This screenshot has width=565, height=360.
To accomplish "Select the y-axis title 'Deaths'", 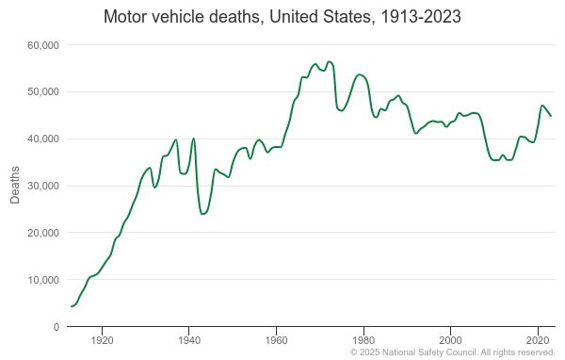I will click(15, 186).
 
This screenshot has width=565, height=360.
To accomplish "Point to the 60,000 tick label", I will click(43, 45).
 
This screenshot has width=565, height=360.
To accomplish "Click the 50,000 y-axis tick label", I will click(43, 92).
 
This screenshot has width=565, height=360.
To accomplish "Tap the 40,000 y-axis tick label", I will click(43, 139).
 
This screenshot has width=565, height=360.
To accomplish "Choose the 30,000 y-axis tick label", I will click(43, 187).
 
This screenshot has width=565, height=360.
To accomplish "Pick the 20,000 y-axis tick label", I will click(43, 234).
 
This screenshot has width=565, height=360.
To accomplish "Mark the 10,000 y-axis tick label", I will click(43, 281).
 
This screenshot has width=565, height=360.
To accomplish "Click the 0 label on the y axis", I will click(56, 327).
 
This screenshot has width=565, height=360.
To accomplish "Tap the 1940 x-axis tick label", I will click(189, 338).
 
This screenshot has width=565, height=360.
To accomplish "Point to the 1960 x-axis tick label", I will click(276, 338).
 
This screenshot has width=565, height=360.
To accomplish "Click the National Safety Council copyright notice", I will click(452, 352).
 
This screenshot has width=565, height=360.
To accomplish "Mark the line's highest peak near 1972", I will click(329, 62).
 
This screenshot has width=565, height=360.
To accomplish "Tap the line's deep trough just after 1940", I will click(202, 214).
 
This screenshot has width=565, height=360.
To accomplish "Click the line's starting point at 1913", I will click(72, 306).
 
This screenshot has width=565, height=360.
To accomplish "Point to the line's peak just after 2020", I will click(542, 106).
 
